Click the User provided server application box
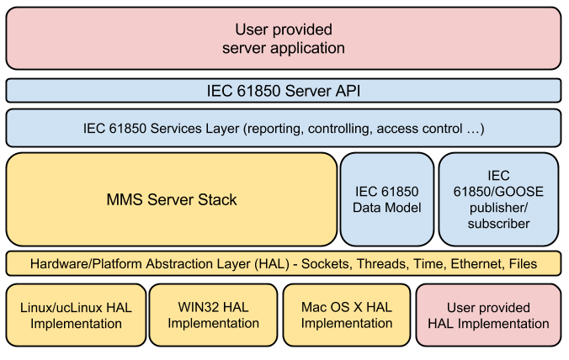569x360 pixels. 284,39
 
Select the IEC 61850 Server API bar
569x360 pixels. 284,90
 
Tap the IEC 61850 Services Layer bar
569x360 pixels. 284,129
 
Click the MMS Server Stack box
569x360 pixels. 172,199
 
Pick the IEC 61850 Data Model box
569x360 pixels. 386,199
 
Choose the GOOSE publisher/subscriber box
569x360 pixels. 499,199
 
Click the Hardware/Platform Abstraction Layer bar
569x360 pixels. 284,263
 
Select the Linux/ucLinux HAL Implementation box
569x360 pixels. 76,315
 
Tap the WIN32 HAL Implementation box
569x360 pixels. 214,315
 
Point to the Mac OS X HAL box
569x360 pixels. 347,315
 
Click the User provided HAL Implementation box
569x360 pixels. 488,315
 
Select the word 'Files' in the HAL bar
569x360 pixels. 523,263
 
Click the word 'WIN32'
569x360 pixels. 199,307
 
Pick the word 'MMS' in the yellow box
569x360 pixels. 124,199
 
